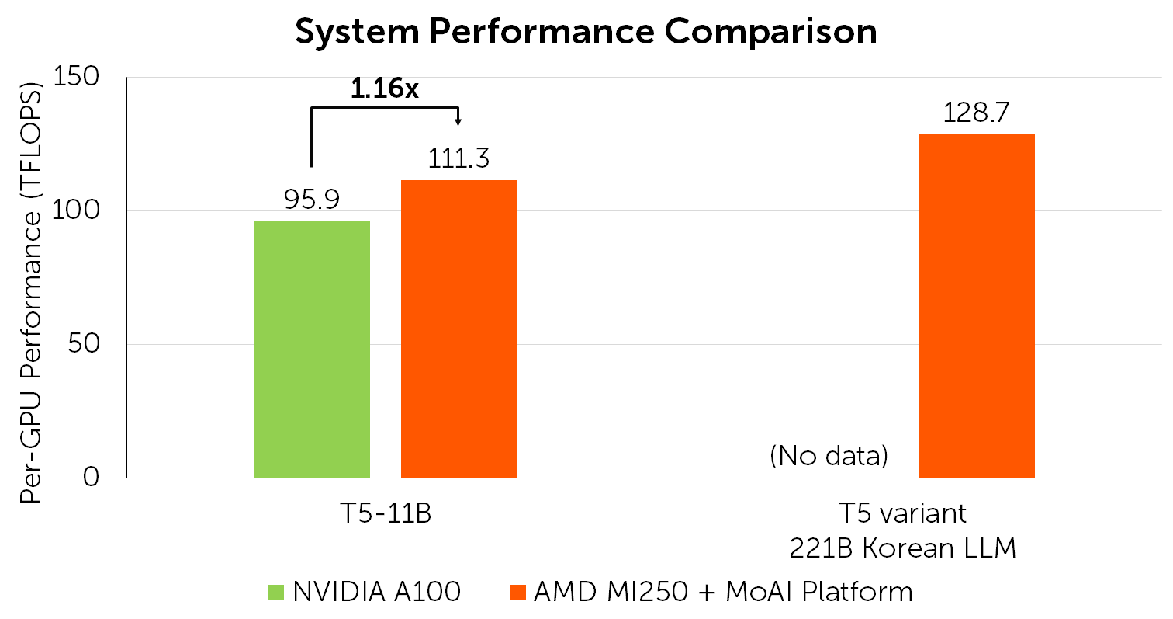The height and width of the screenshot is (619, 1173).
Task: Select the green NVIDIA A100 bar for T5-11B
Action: pyautogui.click(x=312, y=349)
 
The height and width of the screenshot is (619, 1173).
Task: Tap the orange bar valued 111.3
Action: pyautogui.click(x=458, y=329)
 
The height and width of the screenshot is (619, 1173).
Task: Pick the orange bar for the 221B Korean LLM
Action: pyautogui.click(x=976, y=305)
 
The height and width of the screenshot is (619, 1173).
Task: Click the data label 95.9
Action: pyautogui.click(x=312, y=201)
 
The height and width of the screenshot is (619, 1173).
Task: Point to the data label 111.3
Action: pyautogui.click(x=458, y=159)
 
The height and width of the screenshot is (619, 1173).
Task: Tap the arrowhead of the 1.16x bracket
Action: pyautogui.click(x=459, y=120)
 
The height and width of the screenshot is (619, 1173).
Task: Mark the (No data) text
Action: pyautogui.click(x=829, y=456)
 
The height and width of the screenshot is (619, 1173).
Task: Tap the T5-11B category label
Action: pyautogui.click(x=385, y=514)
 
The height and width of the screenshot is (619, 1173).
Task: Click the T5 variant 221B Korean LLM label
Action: pyautogui.click(x=902, y=531)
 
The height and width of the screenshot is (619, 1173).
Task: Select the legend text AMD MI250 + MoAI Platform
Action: pyautogui.click(x=723, y=593)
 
